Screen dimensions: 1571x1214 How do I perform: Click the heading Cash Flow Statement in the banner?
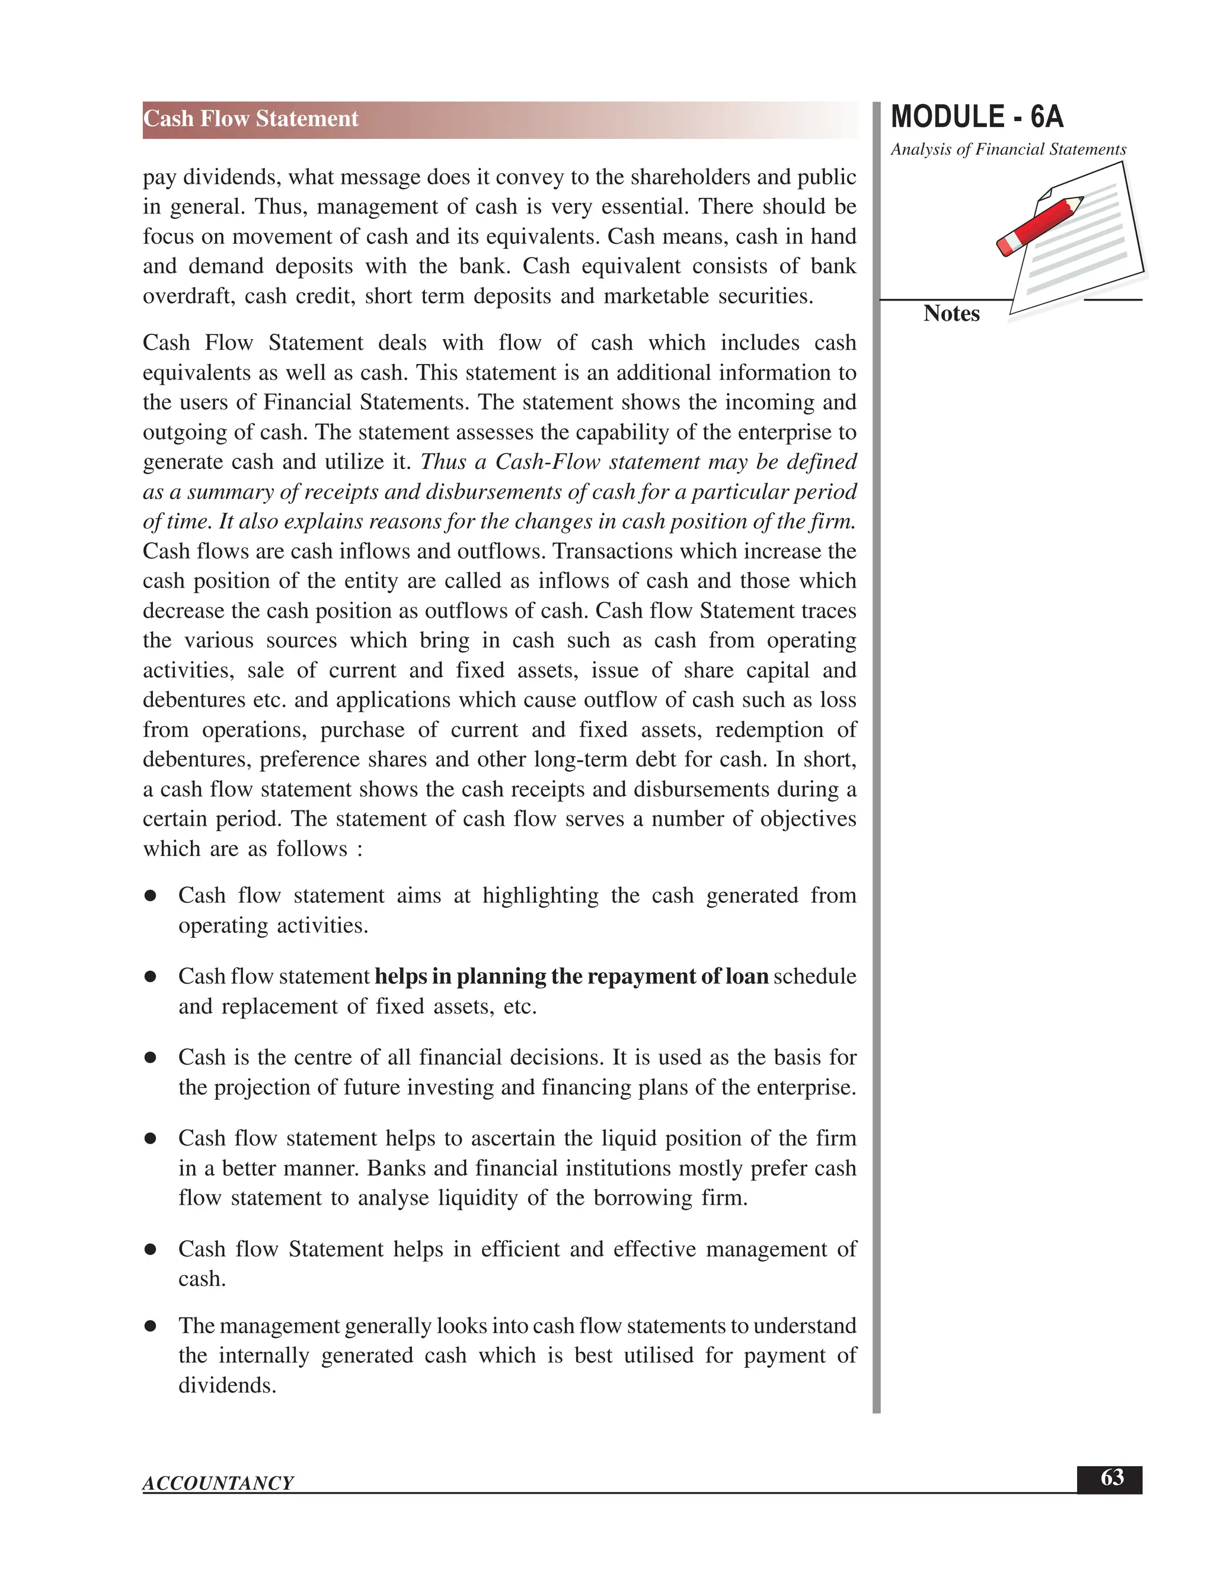pyautogui.click(x=250, y=119)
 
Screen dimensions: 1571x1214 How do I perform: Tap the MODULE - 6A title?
pyautogui.click(x=977, y=117)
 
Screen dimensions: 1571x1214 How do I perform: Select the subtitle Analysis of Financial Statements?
pyautogui.click(x=1008, y=149)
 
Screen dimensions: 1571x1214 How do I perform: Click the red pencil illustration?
pyautogui.click(x=1039, y=226)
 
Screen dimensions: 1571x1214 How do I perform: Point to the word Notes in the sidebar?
pyautogui.click(x=951, y=314)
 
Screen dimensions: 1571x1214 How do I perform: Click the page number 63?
pyautogui.click(x=1111, y=1478)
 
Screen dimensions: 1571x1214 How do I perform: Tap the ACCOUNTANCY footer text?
pyautogui.click(x=218, y=1483)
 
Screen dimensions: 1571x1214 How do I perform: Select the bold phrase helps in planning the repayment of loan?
pyautogui.click(x=572, y=976)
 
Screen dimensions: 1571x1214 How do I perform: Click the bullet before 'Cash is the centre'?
pyautogui.click(x=151, y=1058)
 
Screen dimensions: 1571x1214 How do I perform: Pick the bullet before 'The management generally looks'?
pyautogui.click(x=151, y=1326)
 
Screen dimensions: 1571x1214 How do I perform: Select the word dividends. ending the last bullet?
pyautogui.click(x=227, y=1385)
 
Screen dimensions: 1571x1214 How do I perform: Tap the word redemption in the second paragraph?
pyautogui.click(x=768, y=730)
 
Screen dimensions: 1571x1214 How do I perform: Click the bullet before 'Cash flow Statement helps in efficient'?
pyautogui.click(x=151, y=1250)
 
